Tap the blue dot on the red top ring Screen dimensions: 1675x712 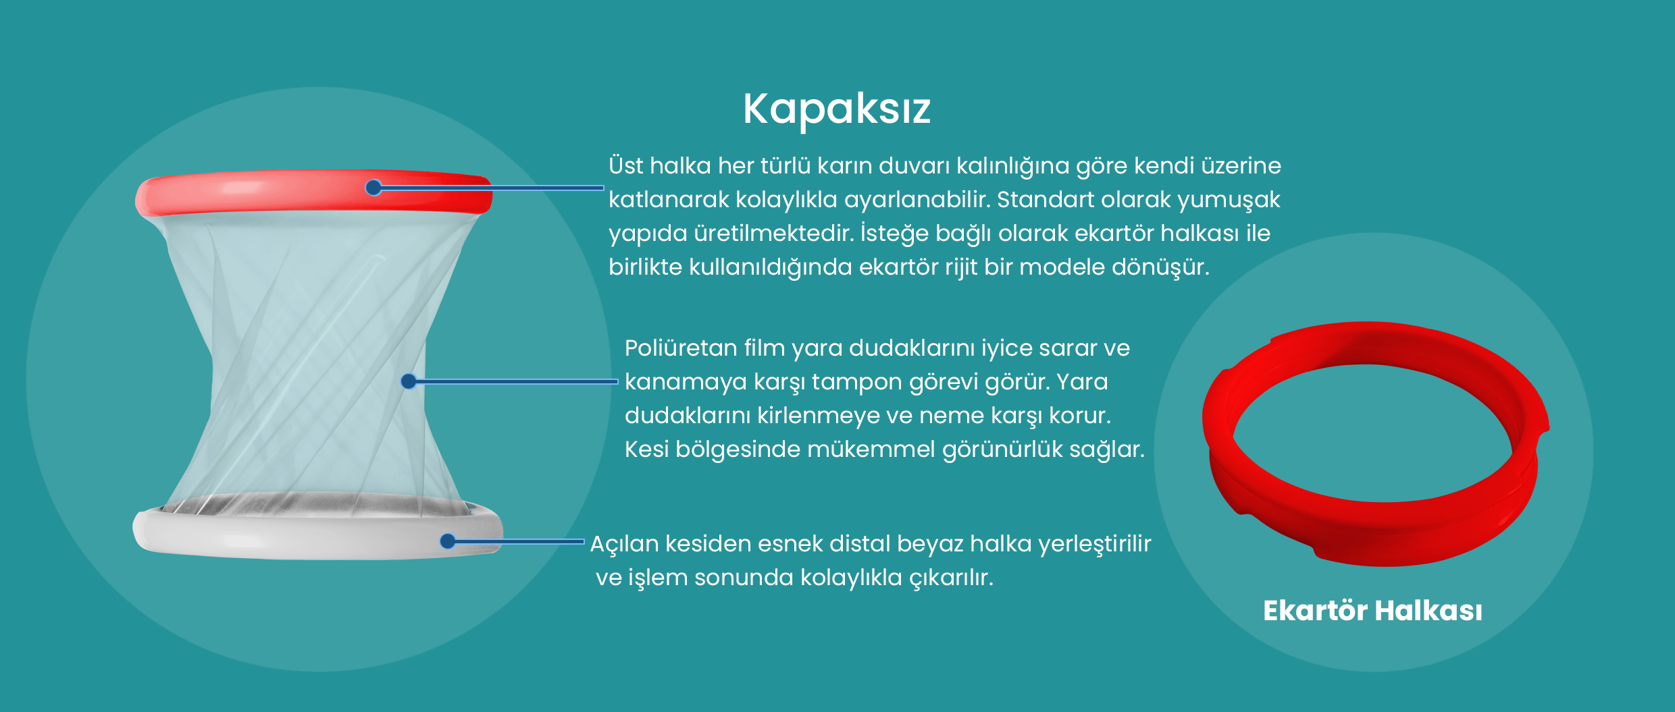(x=373, y=188)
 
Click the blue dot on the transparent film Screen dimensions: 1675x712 (x=409, y=381)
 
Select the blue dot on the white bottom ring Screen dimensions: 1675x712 (x=448, y=541)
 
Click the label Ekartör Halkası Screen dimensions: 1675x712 (x=1372, y=611)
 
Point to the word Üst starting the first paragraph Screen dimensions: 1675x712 (x=626, y=165)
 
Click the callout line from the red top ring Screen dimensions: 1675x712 (x=489, y=188)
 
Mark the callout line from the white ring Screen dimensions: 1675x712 (x=516, y=541)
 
